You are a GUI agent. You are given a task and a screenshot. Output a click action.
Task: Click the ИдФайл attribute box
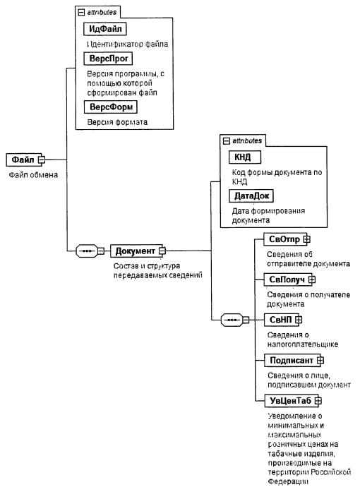click(105, 29)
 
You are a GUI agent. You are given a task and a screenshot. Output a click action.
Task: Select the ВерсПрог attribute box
click(108, 59)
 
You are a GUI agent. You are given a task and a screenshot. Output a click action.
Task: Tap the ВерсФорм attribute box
click(111, 107)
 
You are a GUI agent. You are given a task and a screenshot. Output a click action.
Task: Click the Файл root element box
click(24, 160)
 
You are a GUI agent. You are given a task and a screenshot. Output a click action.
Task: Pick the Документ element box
click(137, 251)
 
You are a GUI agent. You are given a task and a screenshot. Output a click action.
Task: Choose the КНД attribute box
click(245, 157)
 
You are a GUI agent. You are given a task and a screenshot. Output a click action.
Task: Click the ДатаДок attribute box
click(251, 196)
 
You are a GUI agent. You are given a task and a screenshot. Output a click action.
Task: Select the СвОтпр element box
click(285, 239)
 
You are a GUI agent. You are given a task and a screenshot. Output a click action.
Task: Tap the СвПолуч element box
click(288, 279)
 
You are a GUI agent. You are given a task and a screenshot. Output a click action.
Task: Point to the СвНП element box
click(282, 320)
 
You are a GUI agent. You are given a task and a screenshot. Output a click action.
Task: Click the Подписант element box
click(292, 360)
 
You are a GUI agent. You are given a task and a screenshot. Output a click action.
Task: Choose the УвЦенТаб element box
click(292, 401)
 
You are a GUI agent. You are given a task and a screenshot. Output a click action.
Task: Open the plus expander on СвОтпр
click(306, 239)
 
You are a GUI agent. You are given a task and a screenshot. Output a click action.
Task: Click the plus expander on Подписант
click(320, 360)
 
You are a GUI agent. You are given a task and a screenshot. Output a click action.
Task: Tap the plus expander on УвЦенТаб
click(318, 401)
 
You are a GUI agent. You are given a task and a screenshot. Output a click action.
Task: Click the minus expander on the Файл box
click(42, 160)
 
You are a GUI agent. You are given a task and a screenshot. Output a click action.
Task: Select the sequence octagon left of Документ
click(87, 251)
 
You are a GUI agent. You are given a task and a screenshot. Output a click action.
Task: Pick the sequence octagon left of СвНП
click(232, 320)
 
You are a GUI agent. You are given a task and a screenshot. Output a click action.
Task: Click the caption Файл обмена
click(33, 175)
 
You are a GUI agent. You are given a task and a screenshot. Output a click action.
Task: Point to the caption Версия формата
click(117, 122)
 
